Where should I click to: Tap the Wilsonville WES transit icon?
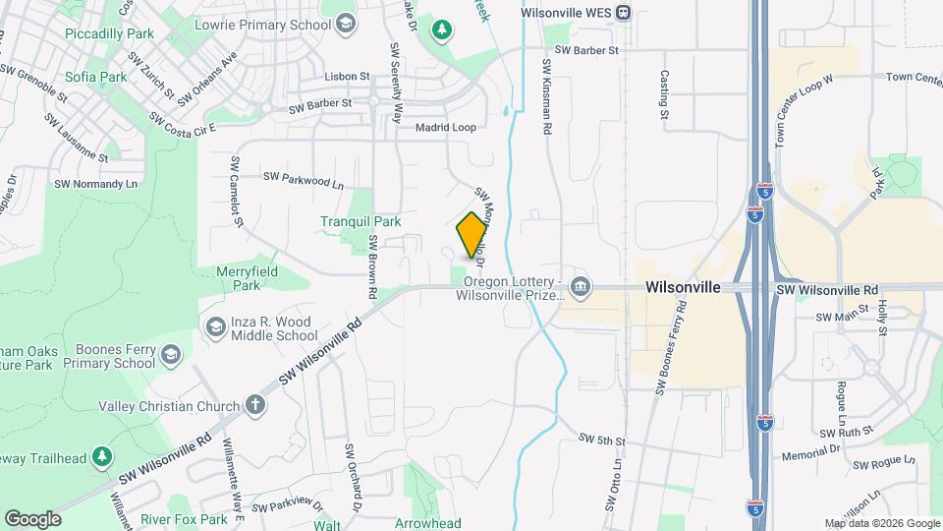coord(625,13)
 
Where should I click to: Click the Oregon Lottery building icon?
coord(580,286)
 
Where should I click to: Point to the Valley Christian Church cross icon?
coord(254,404)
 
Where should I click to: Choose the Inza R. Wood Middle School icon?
coord(214,325)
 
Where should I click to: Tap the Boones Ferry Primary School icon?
coord(170,354)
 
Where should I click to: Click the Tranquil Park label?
coord(361,221)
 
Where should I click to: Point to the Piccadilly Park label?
coord(110,33)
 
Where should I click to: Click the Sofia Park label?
coord(96,76)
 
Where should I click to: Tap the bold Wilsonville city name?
coord(683,287)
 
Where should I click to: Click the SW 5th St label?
coord(602,438)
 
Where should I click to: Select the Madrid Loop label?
coord(445,128)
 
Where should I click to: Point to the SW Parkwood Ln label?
coord(304,179)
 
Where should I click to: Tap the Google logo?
coord(32,518)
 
